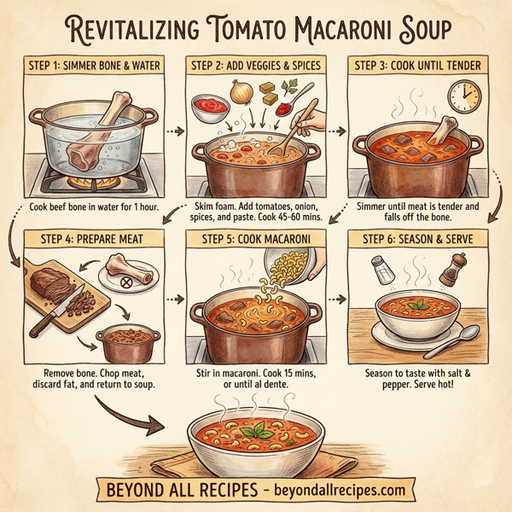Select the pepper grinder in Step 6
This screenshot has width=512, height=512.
(451, 270)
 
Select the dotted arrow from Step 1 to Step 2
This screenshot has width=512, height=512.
(174, 131)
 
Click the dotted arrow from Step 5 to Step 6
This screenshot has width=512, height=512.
(339, 300)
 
